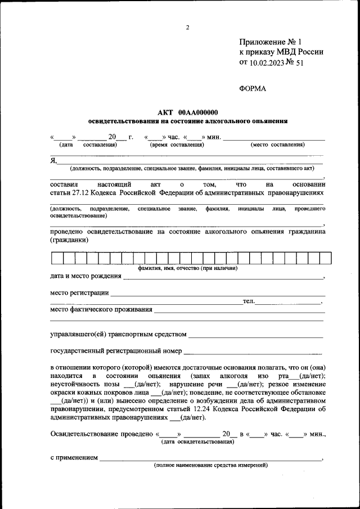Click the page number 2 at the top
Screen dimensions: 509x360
(x=188, y=28)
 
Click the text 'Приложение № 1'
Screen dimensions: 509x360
(x=271, y=42)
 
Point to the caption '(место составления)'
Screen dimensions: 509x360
(x=278, y=145)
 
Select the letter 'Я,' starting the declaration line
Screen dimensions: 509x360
(x=53, y=160)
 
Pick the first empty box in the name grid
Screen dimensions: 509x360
(x=57, y=259)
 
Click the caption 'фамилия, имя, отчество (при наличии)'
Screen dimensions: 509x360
(x=187, y=268)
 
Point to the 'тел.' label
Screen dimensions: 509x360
(x=248, y=301)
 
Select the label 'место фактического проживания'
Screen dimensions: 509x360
(x=101, y=309)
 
